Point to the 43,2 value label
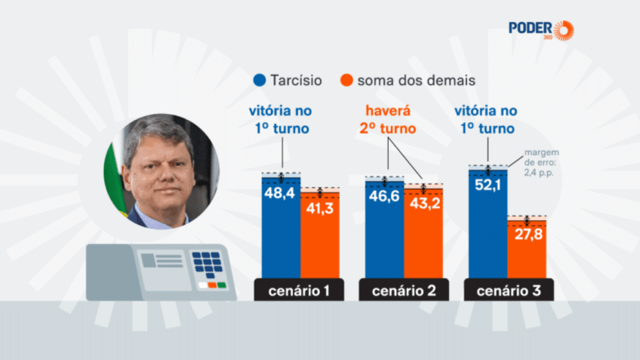click(x=423, y=204)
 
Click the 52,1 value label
click(x=488, y=186)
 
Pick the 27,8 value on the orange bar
click(x=527, y=235)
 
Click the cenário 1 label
click(x=299, y=290)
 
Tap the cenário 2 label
click(x=403, y=290)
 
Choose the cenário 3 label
click(x=507, y=290)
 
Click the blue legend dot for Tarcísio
click(x=260, y=81)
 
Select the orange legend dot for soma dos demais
click(x=346, y=81)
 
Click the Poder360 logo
click(x=541, y=29)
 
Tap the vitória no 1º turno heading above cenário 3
click(x=488, y=119)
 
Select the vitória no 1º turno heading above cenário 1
click(x=280, y=119)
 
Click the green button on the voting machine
click(x=222, y=285)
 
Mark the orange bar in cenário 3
click(x=527, y=249)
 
